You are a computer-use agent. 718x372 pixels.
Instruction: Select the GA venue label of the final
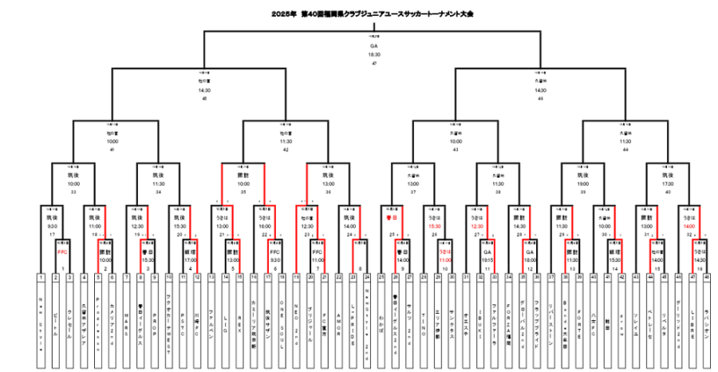pos(373,46)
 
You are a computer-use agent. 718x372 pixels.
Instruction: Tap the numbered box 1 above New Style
pos(40,277)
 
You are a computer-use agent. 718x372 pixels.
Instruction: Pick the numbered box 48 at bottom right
pos(707,277)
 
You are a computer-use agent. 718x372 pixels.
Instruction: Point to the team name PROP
pos(154,313)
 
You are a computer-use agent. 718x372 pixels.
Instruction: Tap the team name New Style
pos(40,313)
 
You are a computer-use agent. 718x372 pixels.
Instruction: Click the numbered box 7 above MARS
pos(125,277)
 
